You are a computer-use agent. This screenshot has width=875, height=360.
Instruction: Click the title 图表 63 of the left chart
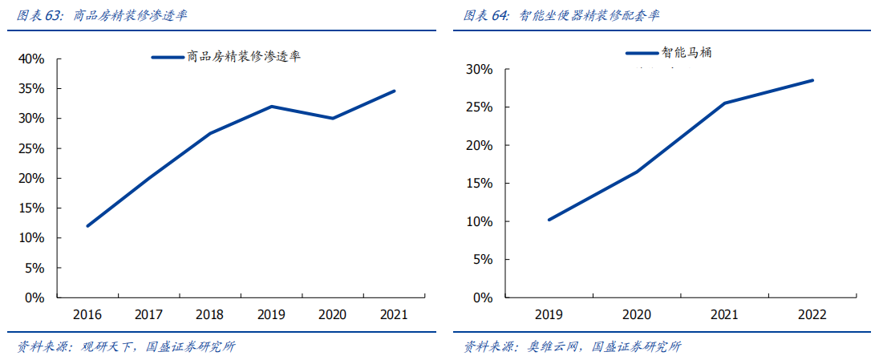[x=103, y=15]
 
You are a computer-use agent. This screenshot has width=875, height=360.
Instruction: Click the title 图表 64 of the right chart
[x=562, y=15]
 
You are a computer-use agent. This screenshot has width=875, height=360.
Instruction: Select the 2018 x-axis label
[x=209, y=314]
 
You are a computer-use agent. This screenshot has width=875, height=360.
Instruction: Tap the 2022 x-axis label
[x=812, y=314]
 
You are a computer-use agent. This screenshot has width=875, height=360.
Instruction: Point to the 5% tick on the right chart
[x=483, y=260]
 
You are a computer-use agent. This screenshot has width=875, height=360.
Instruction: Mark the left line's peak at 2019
[x=272, y=106]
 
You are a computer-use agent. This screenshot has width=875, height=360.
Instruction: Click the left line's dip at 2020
[x=333, y=118]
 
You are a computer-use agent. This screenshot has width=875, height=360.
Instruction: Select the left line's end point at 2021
[x=395, y=91]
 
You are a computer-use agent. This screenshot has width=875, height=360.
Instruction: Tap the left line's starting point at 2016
[x=87, y=226]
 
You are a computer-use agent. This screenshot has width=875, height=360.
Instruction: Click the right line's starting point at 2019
[x=549, y=220]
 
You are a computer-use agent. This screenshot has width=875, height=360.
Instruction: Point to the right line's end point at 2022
[x=812, y=80]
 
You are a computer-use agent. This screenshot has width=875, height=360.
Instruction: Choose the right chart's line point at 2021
[x=724, y=103]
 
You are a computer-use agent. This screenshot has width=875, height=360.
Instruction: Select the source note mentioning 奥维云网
[x=572, y=346]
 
